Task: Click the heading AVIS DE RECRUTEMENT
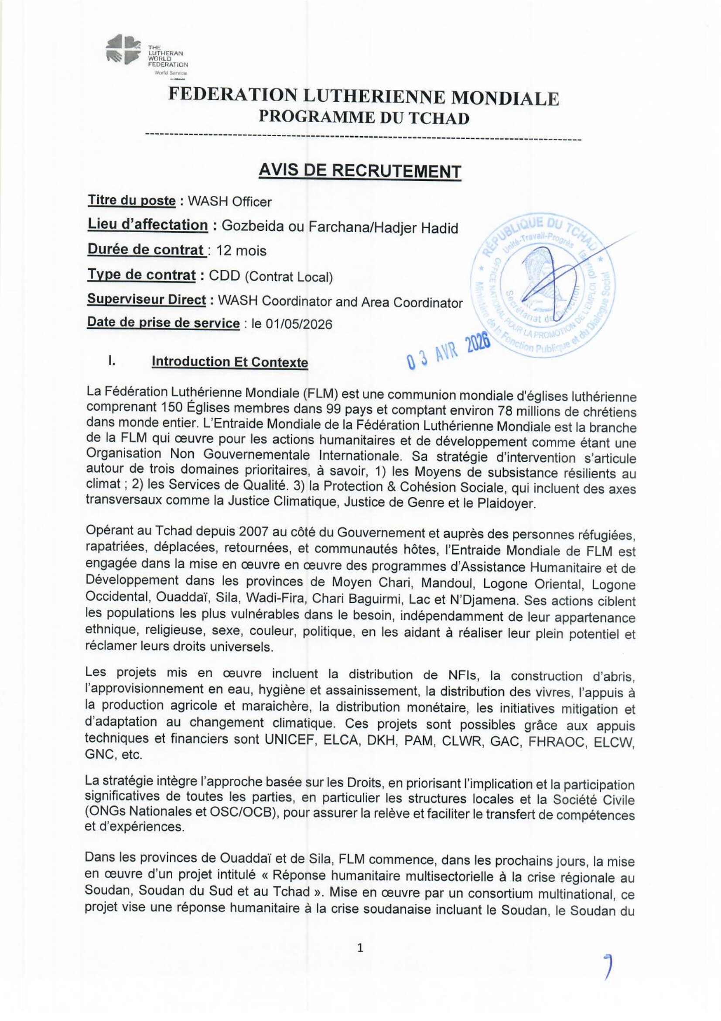tap(360, 171)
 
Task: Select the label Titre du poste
tap(131, 200)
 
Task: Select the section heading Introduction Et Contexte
tap(230, 362)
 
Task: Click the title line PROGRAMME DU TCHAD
tap(364, 118)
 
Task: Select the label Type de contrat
tap(141, 275)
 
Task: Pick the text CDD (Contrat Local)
tap(271, 277)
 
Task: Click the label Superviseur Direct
tap(147, 300)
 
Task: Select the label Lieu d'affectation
tap(147, 225)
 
